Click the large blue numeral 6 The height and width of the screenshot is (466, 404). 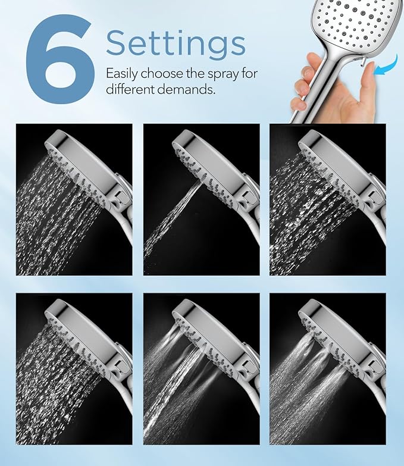[x=59, y=60]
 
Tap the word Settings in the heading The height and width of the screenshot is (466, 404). [x=176, y=42]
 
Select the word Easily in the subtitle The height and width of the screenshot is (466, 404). [x=122, y=74]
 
